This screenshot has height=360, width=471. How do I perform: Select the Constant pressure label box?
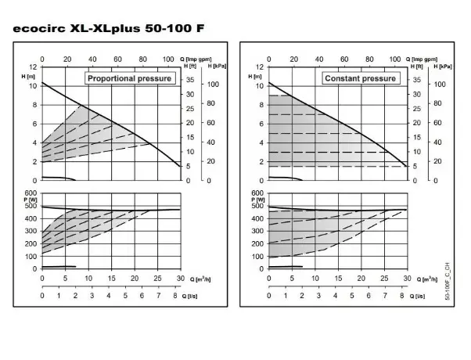(360, 78)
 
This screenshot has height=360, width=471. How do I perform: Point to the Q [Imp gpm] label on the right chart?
(424, 58)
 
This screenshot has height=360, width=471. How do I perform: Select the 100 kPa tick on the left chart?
(210, 85)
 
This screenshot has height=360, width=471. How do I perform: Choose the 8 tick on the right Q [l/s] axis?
(402, 297)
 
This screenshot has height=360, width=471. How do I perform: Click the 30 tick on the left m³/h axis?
(180, 278)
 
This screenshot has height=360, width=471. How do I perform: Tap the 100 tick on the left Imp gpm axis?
(168, 59)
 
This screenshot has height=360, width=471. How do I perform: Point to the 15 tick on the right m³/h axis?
(338, 278)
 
